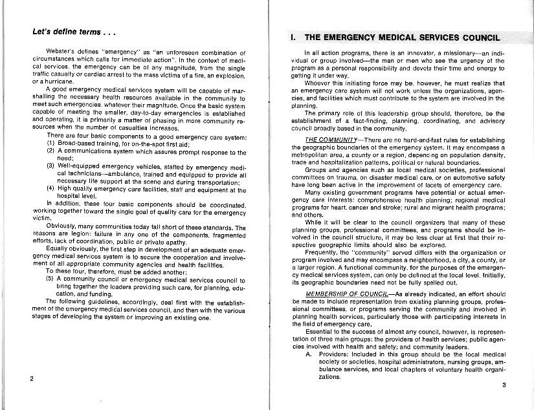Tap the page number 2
(31, 378)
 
